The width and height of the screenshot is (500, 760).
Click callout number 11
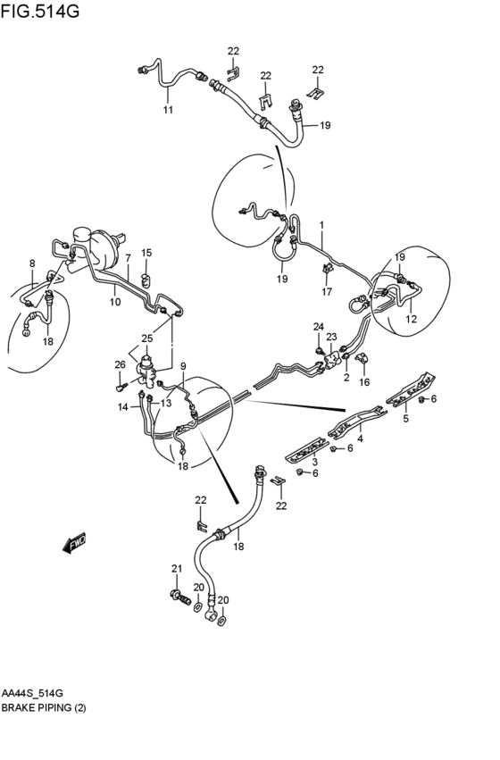(x=167, y=110)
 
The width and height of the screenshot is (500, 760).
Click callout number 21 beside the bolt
(x=176, y=568)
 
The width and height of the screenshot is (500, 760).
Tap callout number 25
(x=147, y=338)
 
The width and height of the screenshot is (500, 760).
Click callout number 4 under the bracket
(x=361, y=438)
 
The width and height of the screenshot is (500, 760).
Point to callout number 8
(x=32, y=263)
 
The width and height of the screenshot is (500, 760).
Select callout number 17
(x=327, y=291)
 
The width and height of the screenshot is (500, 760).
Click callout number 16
(x=364, y=382)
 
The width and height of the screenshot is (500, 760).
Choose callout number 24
(x=318, y=326)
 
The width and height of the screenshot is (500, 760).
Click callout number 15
(x=146, y=253)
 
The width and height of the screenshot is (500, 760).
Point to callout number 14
(x=123, y=406)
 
